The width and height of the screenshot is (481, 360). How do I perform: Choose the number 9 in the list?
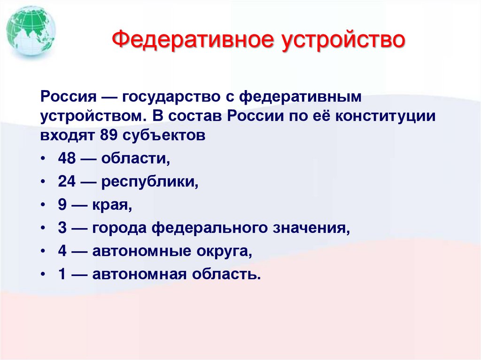point(62,205)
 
